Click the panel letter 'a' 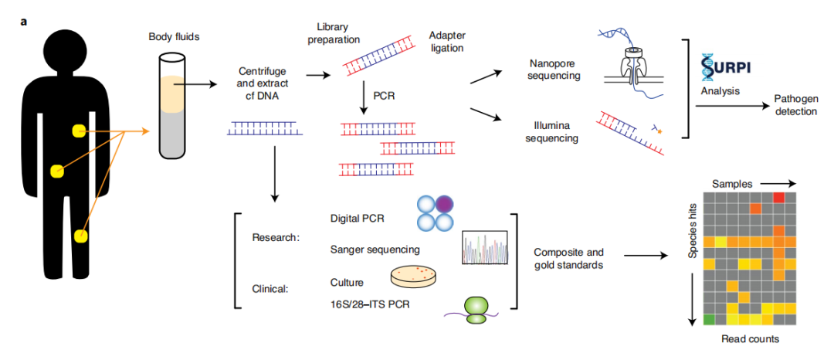pyautogui.click(x=25, y=21)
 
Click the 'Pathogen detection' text pyautogui.click(x=795, y=106)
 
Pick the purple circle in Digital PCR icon pyautogui.click(x=446, y=205)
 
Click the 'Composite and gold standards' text pyautogui.click(x=568, y=259)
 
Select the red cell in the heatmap pyautogui.click(x=778, y=199)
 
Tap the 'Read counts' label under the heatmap pyautogui.click(x=748, y=340)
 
